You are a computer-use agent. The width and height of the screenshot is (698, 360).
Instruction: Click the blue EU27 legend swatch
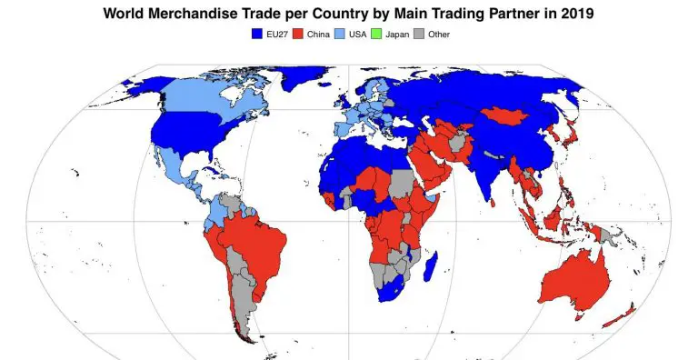click(x=257, y=34)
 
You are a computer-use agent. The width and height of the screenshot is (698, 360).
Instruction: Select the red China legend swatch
click(x=311, y=34)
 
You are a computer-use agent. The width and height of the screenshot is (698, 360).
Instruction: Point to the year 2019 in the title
click(x=576, y=14)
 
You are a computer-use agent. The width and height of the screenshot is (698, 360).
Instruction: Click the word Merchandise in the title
click(x=209, y=14)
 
